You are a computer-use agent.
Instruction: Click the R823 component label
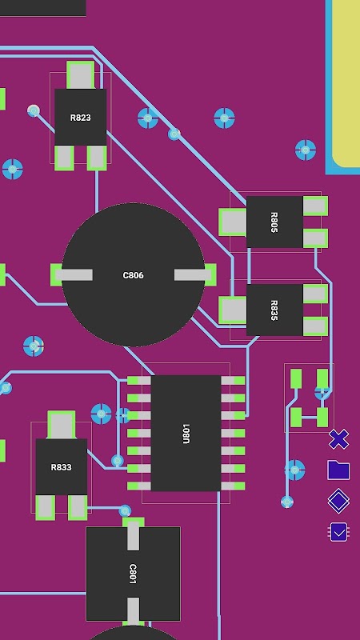(x=81, y=118)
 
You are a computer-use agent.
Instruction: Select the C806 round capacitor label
(x=133, y=275)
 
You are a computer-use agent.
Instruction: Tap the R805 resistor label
(x=274, y=222)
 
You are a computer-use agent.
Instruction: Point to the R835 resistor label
(x=274, y=310)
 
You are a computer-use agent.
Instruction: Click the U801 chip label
(x=186, y=434)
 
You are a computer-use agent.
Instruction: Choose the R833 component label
(x=62, y=467)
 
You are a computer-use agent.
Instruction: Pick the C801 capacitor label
(x=133, y=574)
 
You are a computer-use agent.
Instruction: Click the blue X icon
(x=338, y=439)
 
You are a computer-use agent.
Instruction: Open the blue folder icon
(x=338, y=470)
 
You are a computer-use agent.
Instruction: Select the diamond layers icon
(x=338, y=501)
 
